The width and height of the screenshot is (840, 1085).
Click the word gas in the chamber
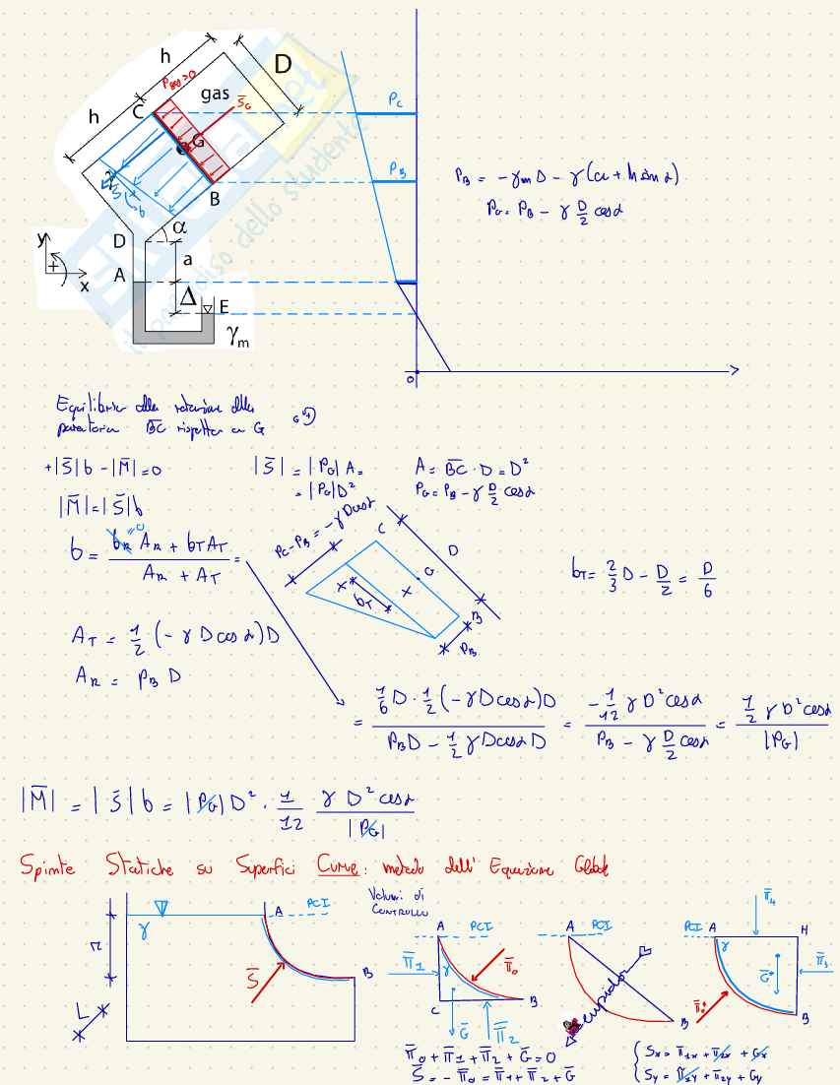tap(216, 94)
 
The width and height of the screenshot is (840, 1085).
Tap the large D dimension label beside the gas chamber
tap(283, 66)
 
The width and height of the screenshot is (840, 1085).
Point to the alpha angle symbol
tap(178, 228)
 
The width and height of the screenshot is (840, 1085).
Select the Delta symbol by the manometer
tap(185, 294)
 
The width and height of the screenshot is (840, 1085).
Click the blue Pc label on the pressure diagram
tap(393, 100)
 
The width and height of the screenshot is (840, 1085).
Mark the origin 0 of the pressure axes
tap(409, 378)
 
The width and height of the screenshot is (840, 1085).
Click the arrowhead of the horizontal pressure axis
tap(733, 370)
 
